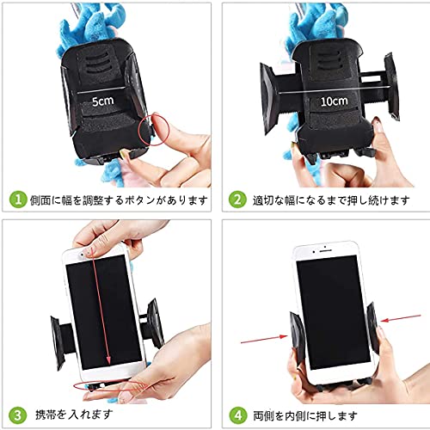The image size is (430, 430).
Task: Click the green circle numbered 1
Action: pos(18,200)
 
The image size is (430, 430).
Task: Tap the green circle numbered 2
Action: pos(237,200)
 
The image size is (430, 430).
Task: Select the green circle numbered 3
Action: pos(18,415)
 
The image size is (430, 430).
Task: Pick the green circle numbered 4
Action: pos(238,415)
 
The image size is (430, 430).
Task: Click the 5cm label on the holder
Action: pos(102,101)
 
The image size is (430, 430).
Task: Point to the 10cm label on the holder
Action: pos(334,101)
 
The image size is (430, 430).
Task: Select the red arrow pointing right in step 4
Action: pos(264,339)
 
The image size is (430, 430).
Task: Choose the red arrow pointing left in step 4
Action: pos(401,317)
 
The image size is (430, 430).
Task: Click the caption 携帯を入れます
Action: pos(74,415)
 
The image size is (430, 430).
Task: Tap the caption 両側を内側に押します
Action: pos(305,415)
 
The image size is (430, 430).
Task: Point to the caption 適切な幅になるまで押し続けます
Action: pos(331,200)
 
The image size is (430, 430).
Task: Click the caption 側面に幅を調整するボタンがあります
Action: pos(119,200)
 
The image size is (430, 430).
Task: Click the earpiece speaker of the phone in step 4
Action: pos(324,251)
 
